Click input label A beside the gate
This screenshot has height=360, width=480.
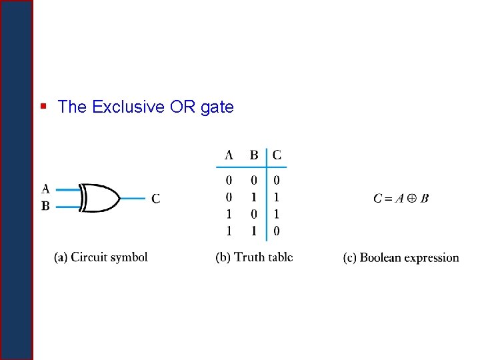pyautogui.click(x=45, y=189)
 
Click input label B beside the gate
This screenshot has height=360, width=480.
pyautogui.click(x=45, y=206)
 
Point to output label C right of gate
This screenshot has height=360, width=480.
pyautogui.click(x=155, y=198)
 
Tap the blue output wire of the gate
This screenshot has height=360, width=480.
pyautogui.click(x=132, y=198)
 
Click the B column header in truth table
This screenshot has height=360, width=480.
pyautogui.click(x=254, y=155)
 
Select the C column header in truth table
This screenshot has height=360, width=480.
pyautogui.click(x=277, y=155)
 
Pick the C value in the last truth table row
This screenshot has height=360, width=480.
pyautogui.click(x=277, y=231)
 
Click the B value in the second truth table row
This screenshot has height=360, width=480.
pyautogui.click(x=254, y=197)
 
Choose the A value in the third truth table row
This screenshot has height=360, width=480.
pyautogui.click(x=229, y=215)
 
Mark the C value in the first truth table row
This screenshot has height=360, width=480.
pyautogui.click(x=277, y=180)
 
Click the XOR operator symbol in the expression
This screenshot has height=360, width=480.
pyautogui.click(x=413, y=198)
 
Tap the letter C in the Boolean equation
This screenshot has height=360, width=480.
pyautogui.click(x=378, y=198)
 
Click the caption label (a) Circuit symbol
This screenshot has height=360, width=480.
pyautogui.click(x=101, y=257)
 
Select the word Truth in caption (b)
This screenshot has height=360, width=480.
pyautogui.click(x=249, y=257)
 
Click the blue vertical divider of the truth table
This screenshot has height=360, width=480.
pyautogui.click(x=267, y=193)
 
